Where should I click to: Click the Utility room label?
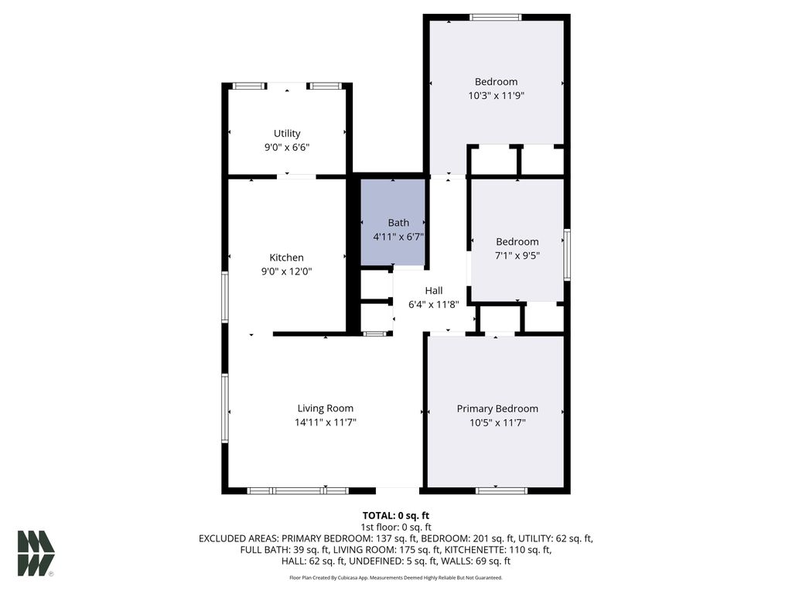(286, 133)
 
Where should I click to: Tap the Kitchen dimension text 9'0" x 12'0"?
(286, 271)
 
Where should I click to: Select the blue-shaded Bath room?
(394, 222)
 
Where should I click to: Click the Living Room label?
(325, 408)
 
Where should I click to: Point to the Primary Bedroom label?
(497, 408)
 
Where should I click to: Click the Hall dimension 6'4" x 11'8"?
(434, 304)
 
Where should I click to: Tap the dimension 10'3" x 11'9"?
(496, 96)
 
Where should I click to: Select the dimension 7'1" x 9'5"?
(517, 256)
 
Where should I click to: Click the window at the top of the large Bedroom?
(496, 17)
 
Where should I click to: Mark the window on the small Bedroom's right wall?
(567, 254)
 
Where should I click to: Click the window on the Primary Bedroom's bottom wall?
(501, 490)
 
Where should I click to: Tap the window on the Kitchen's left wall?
(225, 296)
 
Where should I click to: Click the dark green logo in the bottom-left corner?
(36, 552)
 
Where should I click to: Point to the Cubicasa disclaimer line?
(396, 578)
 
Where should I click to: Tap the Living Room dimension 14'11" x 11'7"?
(325, 422)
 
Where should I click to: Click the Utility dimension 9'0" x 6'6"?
(286, 147)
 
